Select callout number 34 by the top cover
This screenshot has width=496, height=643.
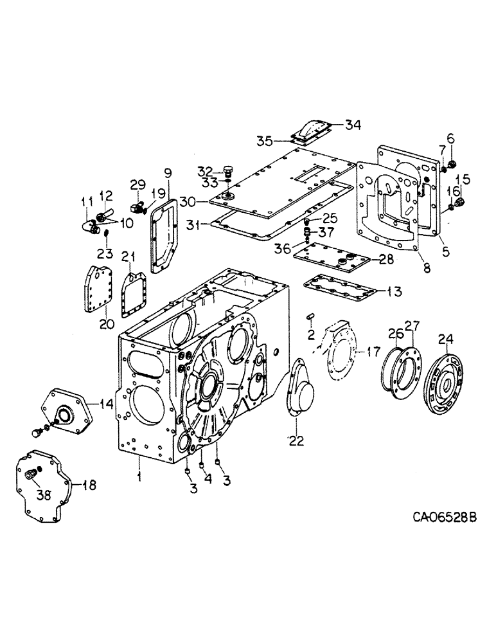(x=353, y=124)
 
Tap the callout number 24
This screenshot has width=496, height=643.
(x=445, y=339)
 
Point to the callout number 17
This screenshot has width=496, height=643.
(x=374, y=352)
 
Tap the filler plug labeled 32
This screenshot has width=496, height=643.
(x=227, y=170)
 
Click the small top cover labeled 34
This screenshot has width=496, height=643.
(x=312, y=131)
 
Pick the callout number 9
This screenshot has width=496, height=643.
(x=168, y=172)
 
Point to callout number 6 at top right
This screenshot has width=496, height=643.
(x=450, y=138)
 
